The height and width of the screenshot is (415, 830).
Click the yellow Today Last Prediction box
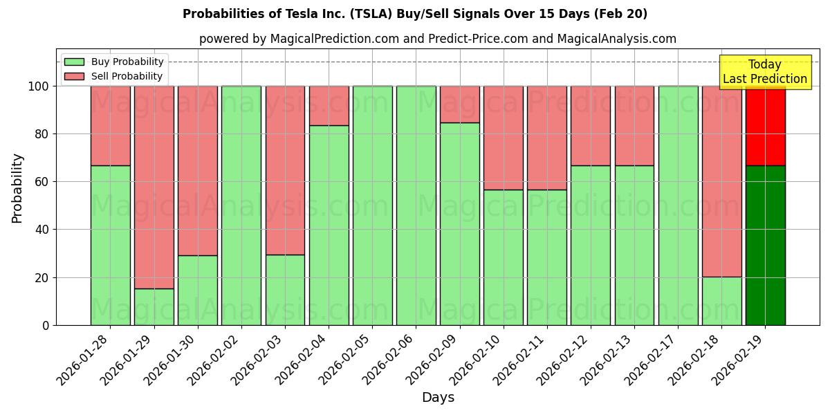coord(765,72)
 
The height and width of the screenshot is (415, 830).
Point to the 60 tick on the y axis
coord(43,182)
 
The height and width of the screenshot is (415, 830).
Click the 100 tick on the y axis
coord(39,86)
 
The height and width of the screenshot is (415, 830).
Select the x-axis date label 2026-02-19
coord(740,356)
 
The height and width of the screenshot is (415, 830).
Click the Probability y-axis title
coord(17,188)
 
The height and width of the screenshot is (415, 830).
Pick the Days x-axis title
coord(438,398)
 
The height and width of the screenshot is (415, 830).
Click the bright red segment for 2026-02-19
coord(765,126)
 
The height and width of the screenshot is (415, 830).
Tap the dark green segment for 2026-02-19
coord(765,246)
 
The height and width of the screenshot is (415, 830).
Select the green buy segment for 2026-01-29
coord(154,306)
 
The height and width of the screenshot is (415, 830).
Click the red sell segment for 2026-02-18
coord(721,181)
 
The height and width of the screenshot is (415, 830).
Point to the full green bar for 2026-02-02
coord(241,205)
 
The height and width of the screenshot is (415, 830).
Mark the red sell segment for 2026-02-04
coord(329,106)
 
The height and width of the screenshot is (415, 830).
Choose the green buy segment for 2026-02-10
coord(504,257)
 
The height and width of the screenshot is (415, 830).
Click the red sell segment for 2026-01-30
coord(197,171)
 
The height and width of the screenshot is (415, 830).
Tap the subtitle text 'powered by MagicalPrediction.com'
coord(299,39)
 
